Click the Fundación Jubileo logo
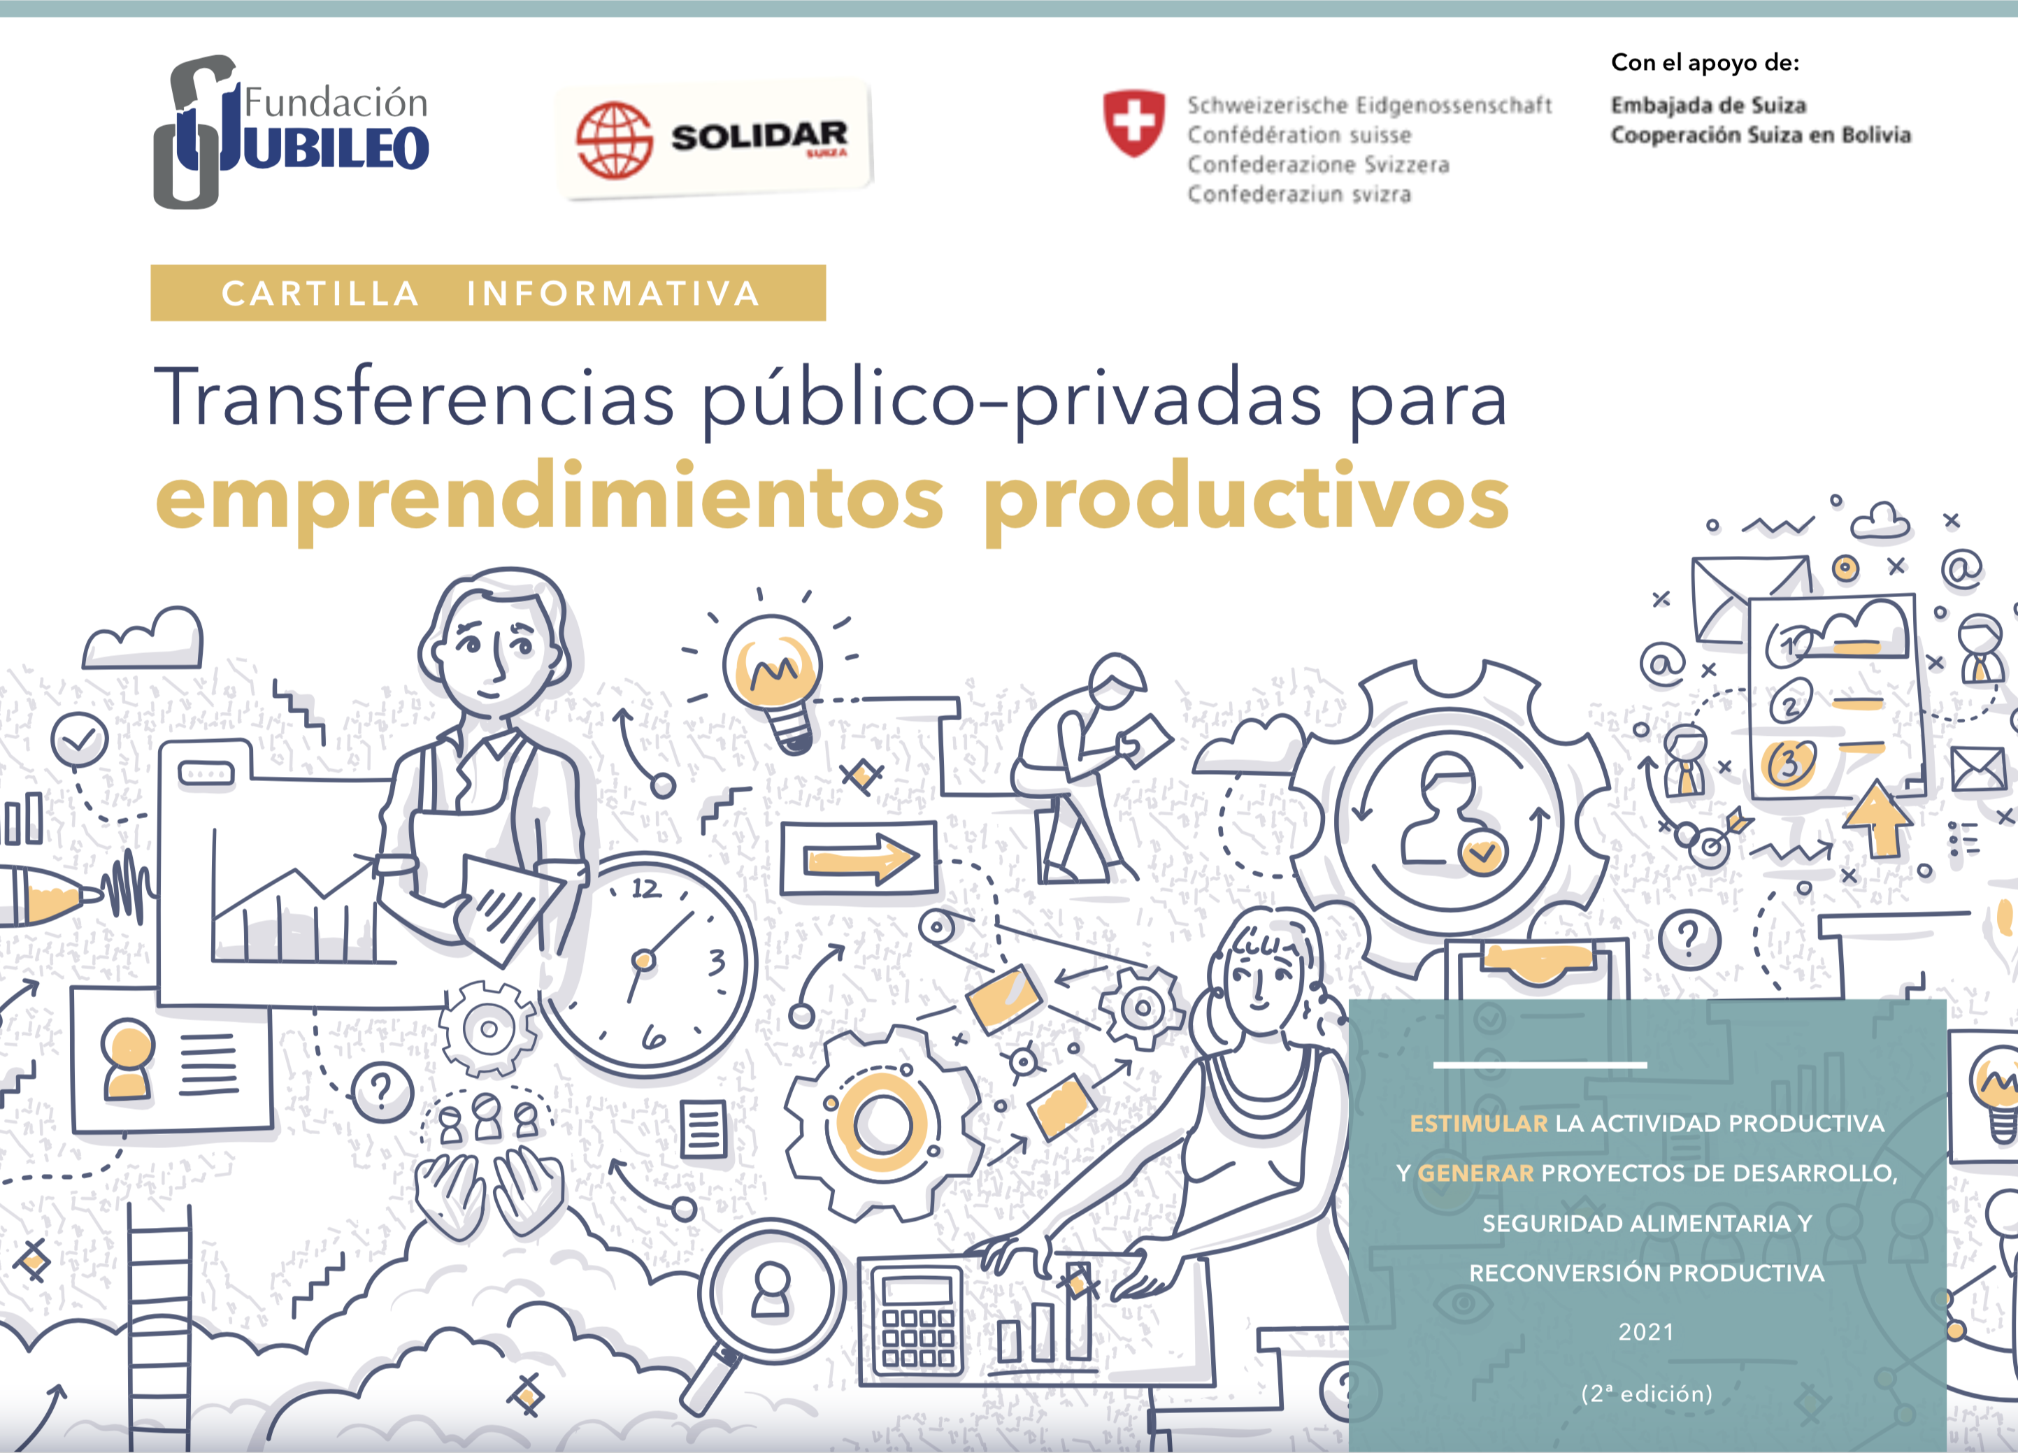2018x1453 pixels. click(291, 131)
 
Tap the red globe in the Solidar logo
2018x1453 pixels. click(614, 141)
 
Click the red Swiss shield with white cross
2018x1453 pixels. click(1133, 123)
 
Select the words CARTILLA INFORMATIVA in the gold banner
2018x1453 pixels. click(490, 294)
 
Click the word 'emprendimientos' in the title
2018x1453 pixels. click(550, 499)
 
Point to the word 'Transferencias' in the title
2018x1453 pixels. click(415, 398)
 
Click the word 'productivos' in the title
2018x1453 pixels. click(1247, 499)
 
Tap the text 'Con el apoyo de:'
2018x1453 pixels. click(1705, 63)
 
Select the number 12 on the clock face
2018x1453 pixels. click(647, 888)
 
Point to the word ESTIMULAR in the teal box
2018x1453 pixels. click(1479, 1124)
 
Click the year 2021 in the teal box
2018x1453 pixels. click(1646, 1332)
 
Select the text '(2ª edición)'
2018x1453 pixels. click(1647, 1394)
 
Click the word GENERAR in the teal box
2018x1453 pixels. click(1476, 1173)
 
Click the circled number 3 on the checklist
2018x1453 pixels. click(1789, 764)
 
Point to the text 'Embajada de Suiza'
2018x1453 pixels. click(1708, 105)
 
